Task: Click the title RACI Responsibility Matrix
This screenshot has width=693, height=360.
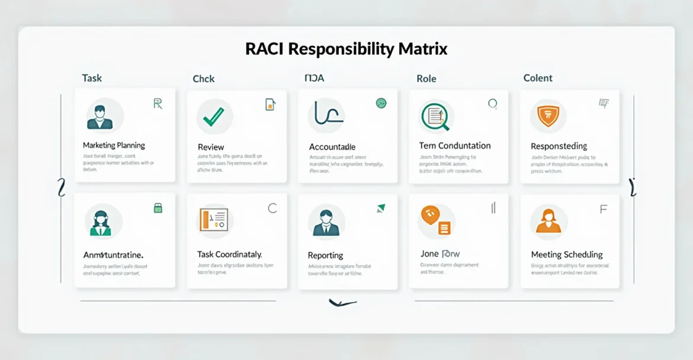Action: [346, 49]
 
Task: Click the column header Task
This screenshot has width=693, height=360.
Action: [92, 78]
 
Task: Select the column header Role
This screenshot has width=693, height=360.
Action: [426, 78]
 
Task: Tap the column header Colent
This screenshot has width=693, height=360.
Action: [538, 78]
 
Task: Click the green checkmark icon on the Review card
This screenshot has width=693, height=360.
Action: [213, 116]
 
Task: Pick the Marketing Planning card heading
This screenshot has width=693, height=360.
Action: [114, 145]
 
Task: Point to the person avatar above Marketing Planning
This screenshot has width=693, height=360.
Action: [100, 116]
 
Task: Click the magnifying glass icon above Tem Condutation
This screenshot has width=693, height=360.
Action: [436, 116]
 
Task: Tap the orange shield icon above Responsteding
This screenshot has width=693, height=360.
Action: [547, 115]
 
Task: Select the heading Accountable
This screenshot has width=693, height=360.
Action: [332, 147]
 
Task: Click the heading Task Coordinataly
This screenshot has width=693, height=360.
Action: [230, 254]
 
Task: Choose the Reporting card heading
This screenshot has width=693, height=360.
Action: [325, 255]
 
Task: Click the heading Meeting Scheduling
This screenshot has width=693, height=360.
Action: [567, 255]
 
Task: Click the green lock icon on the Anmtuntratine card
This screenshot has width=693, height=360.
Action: [158, 207]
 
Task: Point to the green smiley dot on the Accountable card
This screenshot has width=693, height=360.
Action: [381, 103]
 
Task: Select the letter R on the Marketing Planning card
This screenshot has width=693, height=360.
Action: [158, 104]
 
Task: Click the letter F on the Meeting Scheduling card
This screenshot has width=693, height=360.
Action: [603, 209]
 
